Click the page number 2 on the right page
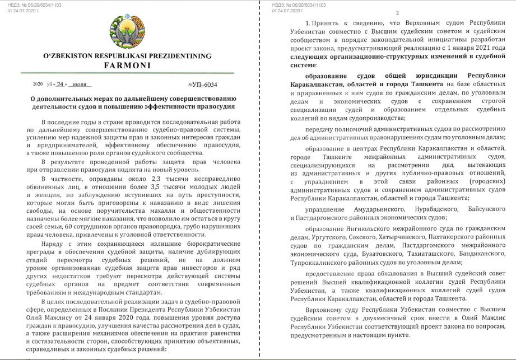pyautogui.click(x=397, y=13)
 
